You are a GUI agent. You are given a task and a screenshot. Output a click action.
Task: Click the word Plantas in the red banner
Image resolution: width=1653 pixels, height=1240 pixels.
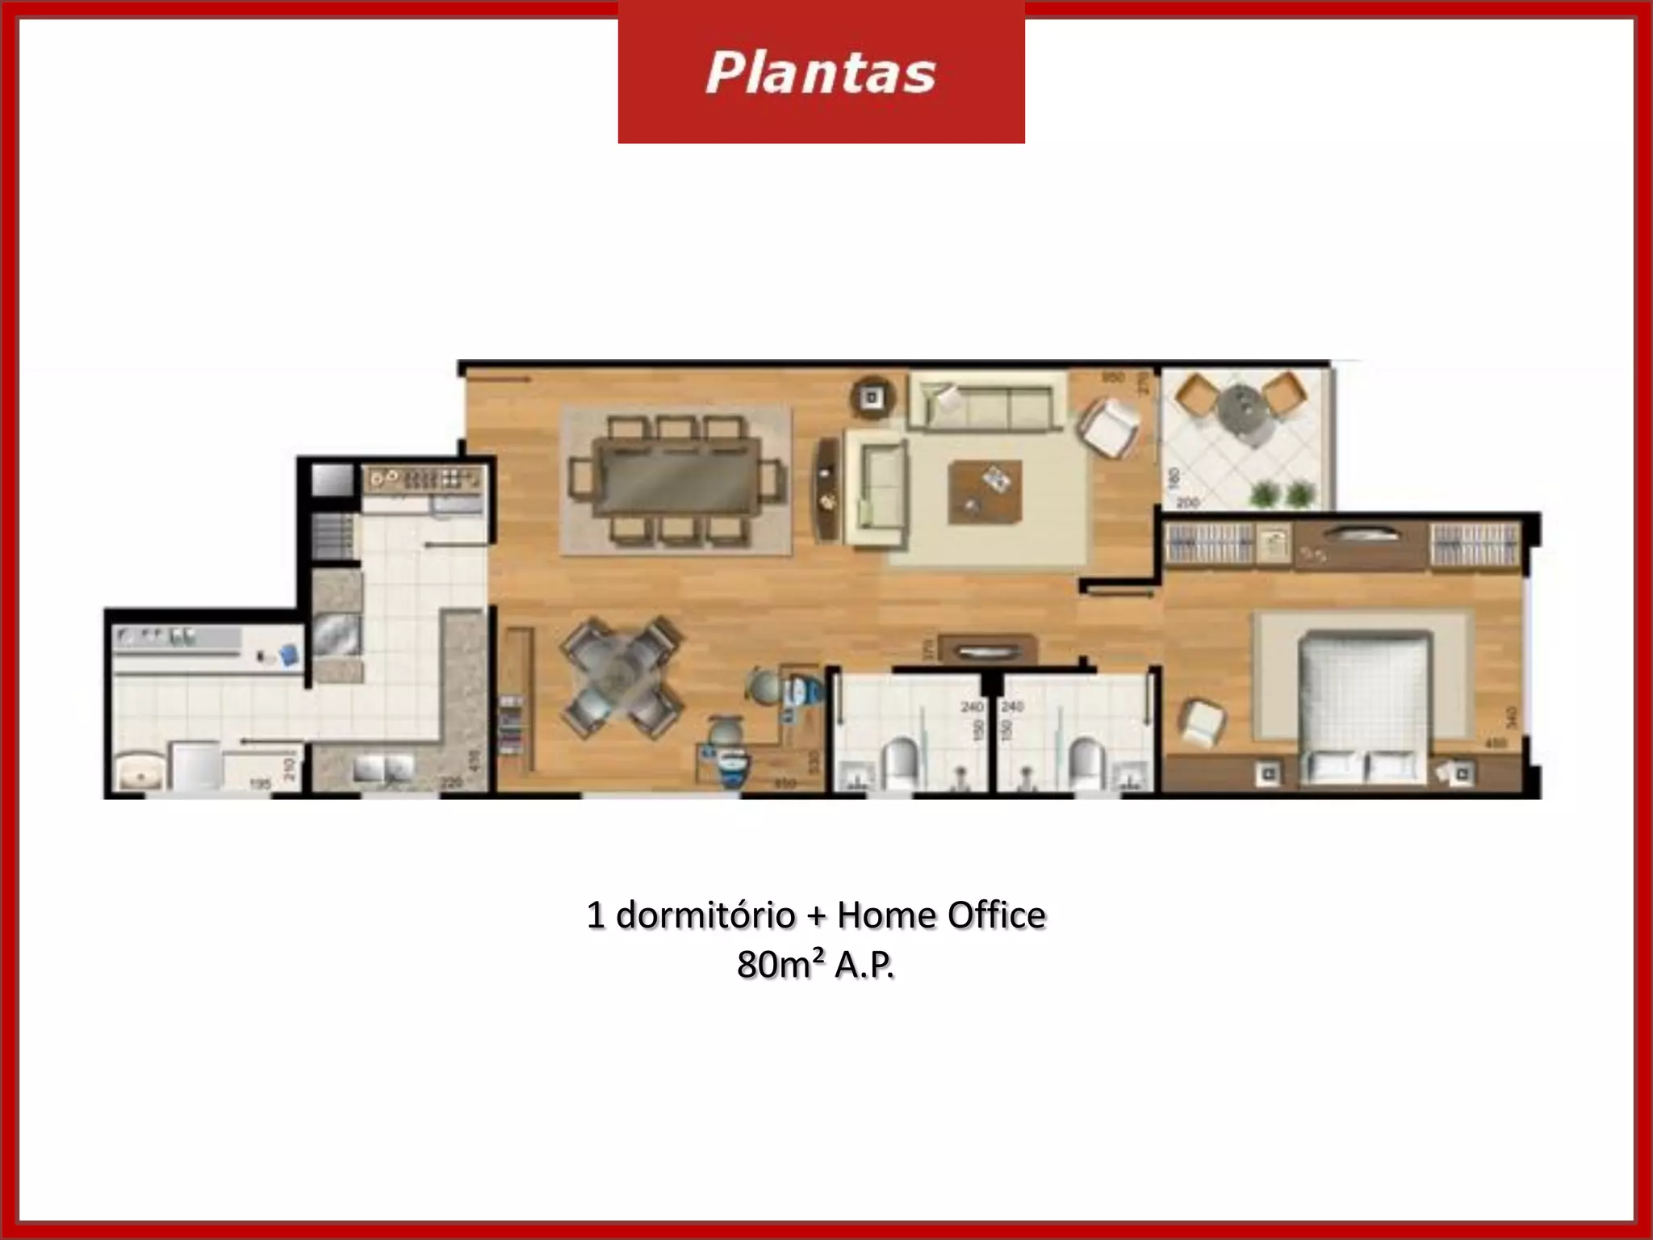pyautogui.click(x=820, y=73)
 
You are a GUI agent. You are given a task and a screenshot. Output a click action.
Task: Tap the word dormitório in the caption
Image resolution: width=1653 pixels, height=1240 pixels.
pyautogui.click(x=705, y=915)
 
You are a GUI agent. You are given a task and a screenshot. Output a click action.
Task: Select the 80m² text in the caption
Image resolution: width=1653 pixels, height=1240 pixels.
pyautogui.click(x=780, y=964)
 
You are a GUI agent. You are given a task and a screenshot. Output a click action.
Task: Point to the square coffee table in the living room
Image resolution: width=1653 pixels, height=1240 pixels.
pyautogui.click(x=985, y=492)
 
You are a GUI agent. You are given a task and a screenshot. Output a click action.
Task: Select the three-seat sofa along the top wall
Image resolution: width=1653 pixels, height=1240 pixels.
pyautogui.click(x=986, y=401)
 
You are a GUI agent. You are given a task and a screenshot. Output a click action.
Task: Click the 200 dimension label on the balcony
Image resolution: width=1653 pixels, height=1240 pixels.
pyautogui.click(x=1187, y=503)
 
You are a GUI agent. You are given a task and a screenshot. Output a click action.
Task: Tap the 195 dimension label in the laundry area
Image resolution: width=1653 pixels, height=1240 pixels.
pyautogui.click(x=260, y=783)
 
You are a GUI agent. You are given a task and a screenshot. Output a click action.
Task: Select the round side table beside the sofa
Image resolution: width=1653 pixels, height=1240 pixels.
pyautogui.click(x=872, y=397)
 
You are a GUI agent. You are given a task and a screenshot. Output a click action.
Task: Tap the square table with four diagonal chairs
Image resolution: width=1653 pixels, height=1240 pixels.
pyautogui.click(x=621, y=677)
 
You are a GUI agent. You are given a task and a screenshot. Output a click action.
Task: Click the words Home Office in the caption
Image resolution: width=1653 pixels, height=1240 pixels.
pyautogui.click(x=941, y=915)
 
